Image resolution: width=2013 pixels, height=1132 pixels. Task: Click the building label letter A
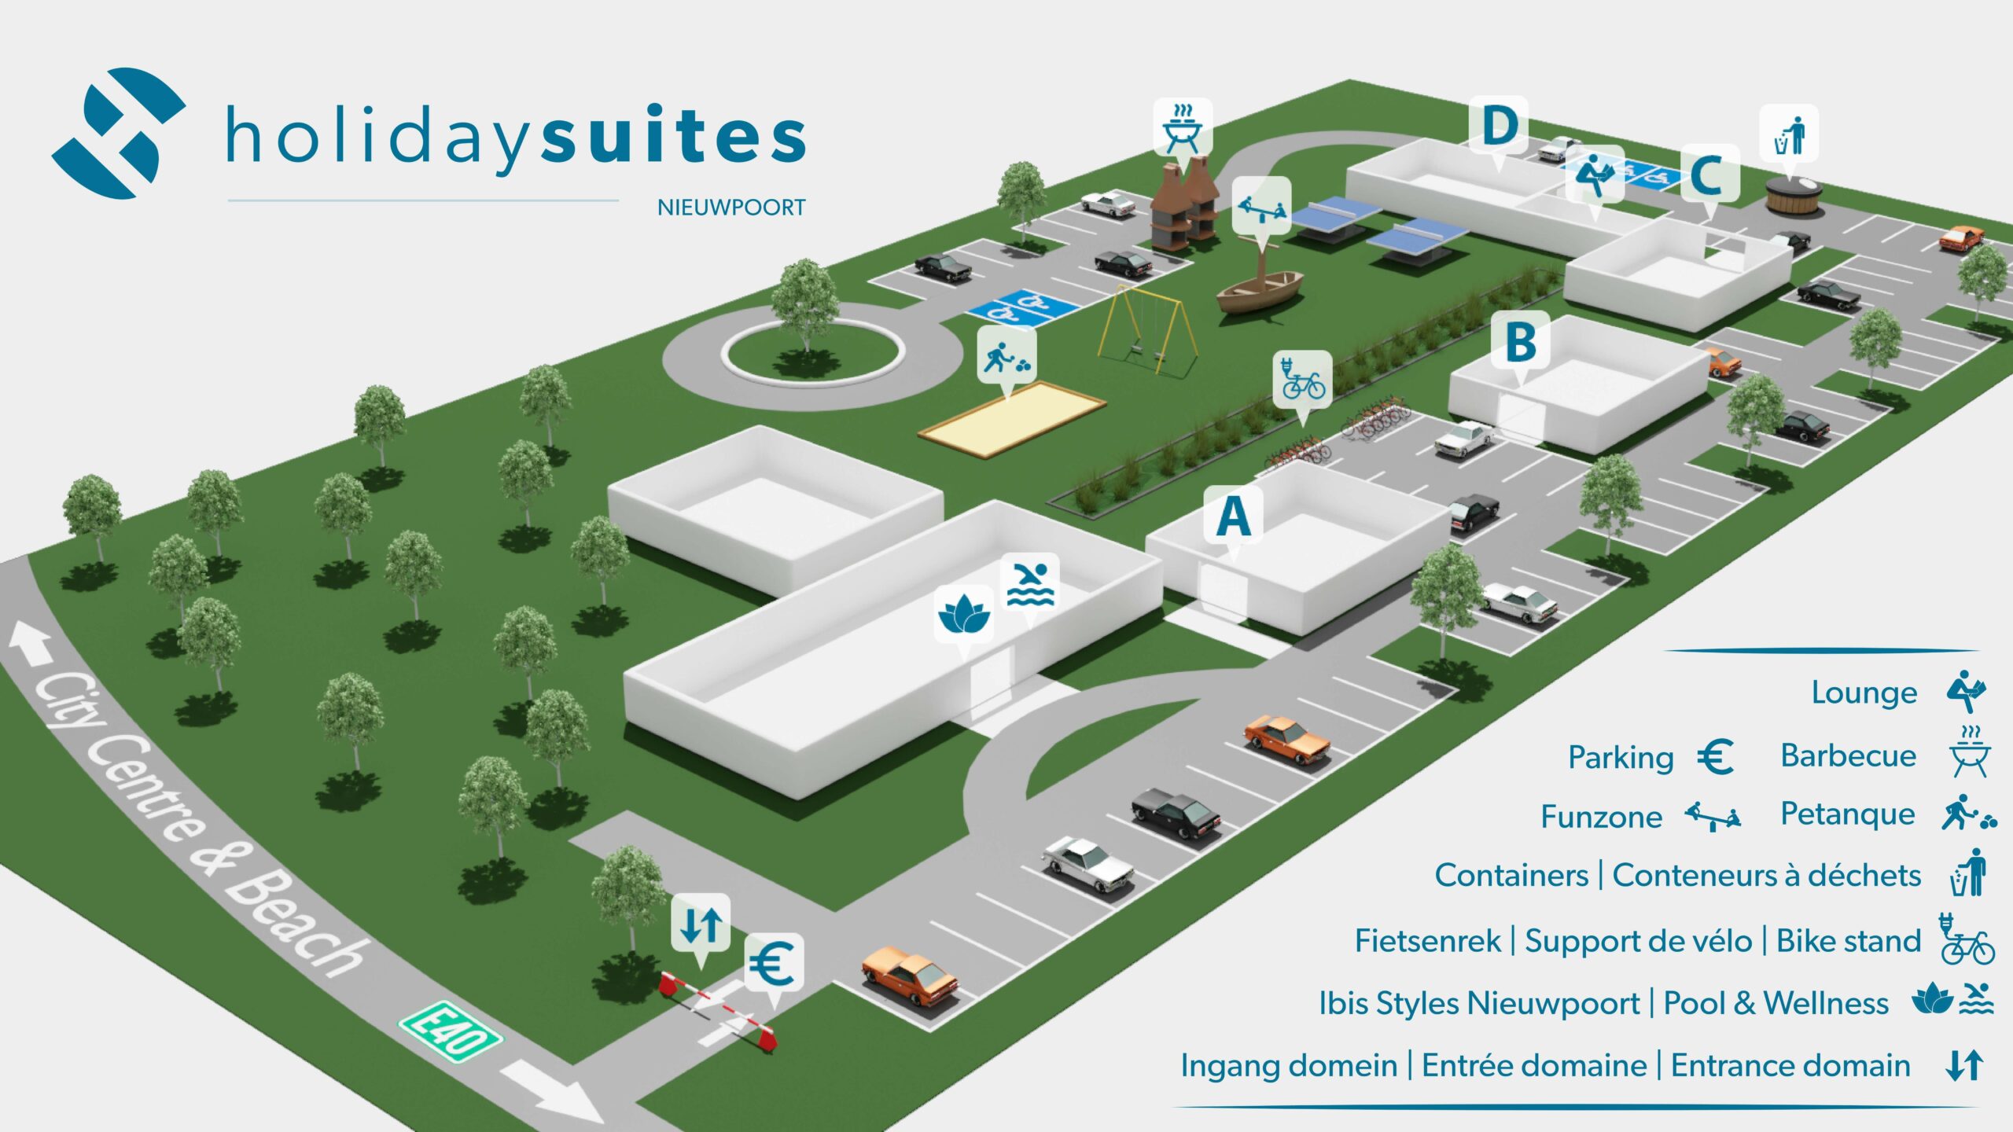1233,516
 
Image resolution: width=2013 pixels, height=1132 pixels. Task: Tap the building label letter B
1521,342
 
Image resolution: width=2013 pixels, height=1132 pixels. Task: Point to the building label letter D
1499,125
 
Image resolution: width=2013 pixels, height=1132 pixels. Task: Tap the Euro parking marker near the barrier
774,962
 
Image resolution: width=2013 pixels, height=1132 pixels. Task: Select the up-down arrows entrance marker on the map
701,924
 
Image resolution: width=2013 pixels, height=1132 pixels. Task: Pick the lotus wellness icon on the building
963,614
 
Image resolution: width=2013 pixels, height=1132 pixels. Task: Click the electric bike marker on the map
1303,379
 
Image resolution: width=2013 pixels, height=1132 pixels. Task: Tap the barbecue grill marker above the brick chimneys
1183,127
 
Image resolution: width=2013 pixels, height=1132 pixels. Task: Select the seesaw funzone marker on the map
1261,206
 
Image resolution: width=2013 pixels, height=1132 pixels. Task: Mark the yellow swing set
1148,330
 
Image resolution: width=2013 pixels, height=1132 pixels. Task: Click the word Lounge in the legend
1864,693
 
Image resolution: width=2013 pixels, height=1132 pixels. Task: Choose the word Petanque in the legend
1847,814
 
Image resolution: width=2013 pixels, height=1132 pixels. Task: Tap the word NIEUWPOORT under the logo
731,208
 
